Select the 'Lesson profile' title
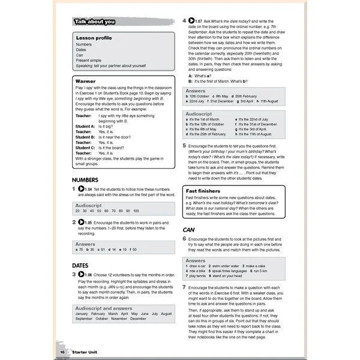pos(94,38)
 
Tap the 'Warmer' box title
pos(87,80)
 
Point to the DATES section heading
pos(80,265)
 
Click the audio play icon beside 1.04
pos(80,190)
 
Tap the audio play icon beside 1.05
pos(80,223)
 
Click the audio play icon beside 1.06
pos(80,275)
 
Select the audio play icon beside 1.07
pos(191,21)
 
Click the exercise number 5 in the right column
pos(184,145)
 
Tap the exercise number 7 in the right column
pos(184,288)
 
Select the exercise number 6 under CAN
pos(184,239)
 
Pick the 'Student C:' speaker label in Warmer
pos(85,148)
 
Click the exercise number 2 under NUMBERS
pos(74,223)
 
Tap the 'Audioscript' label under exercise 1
pos(88,205)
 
